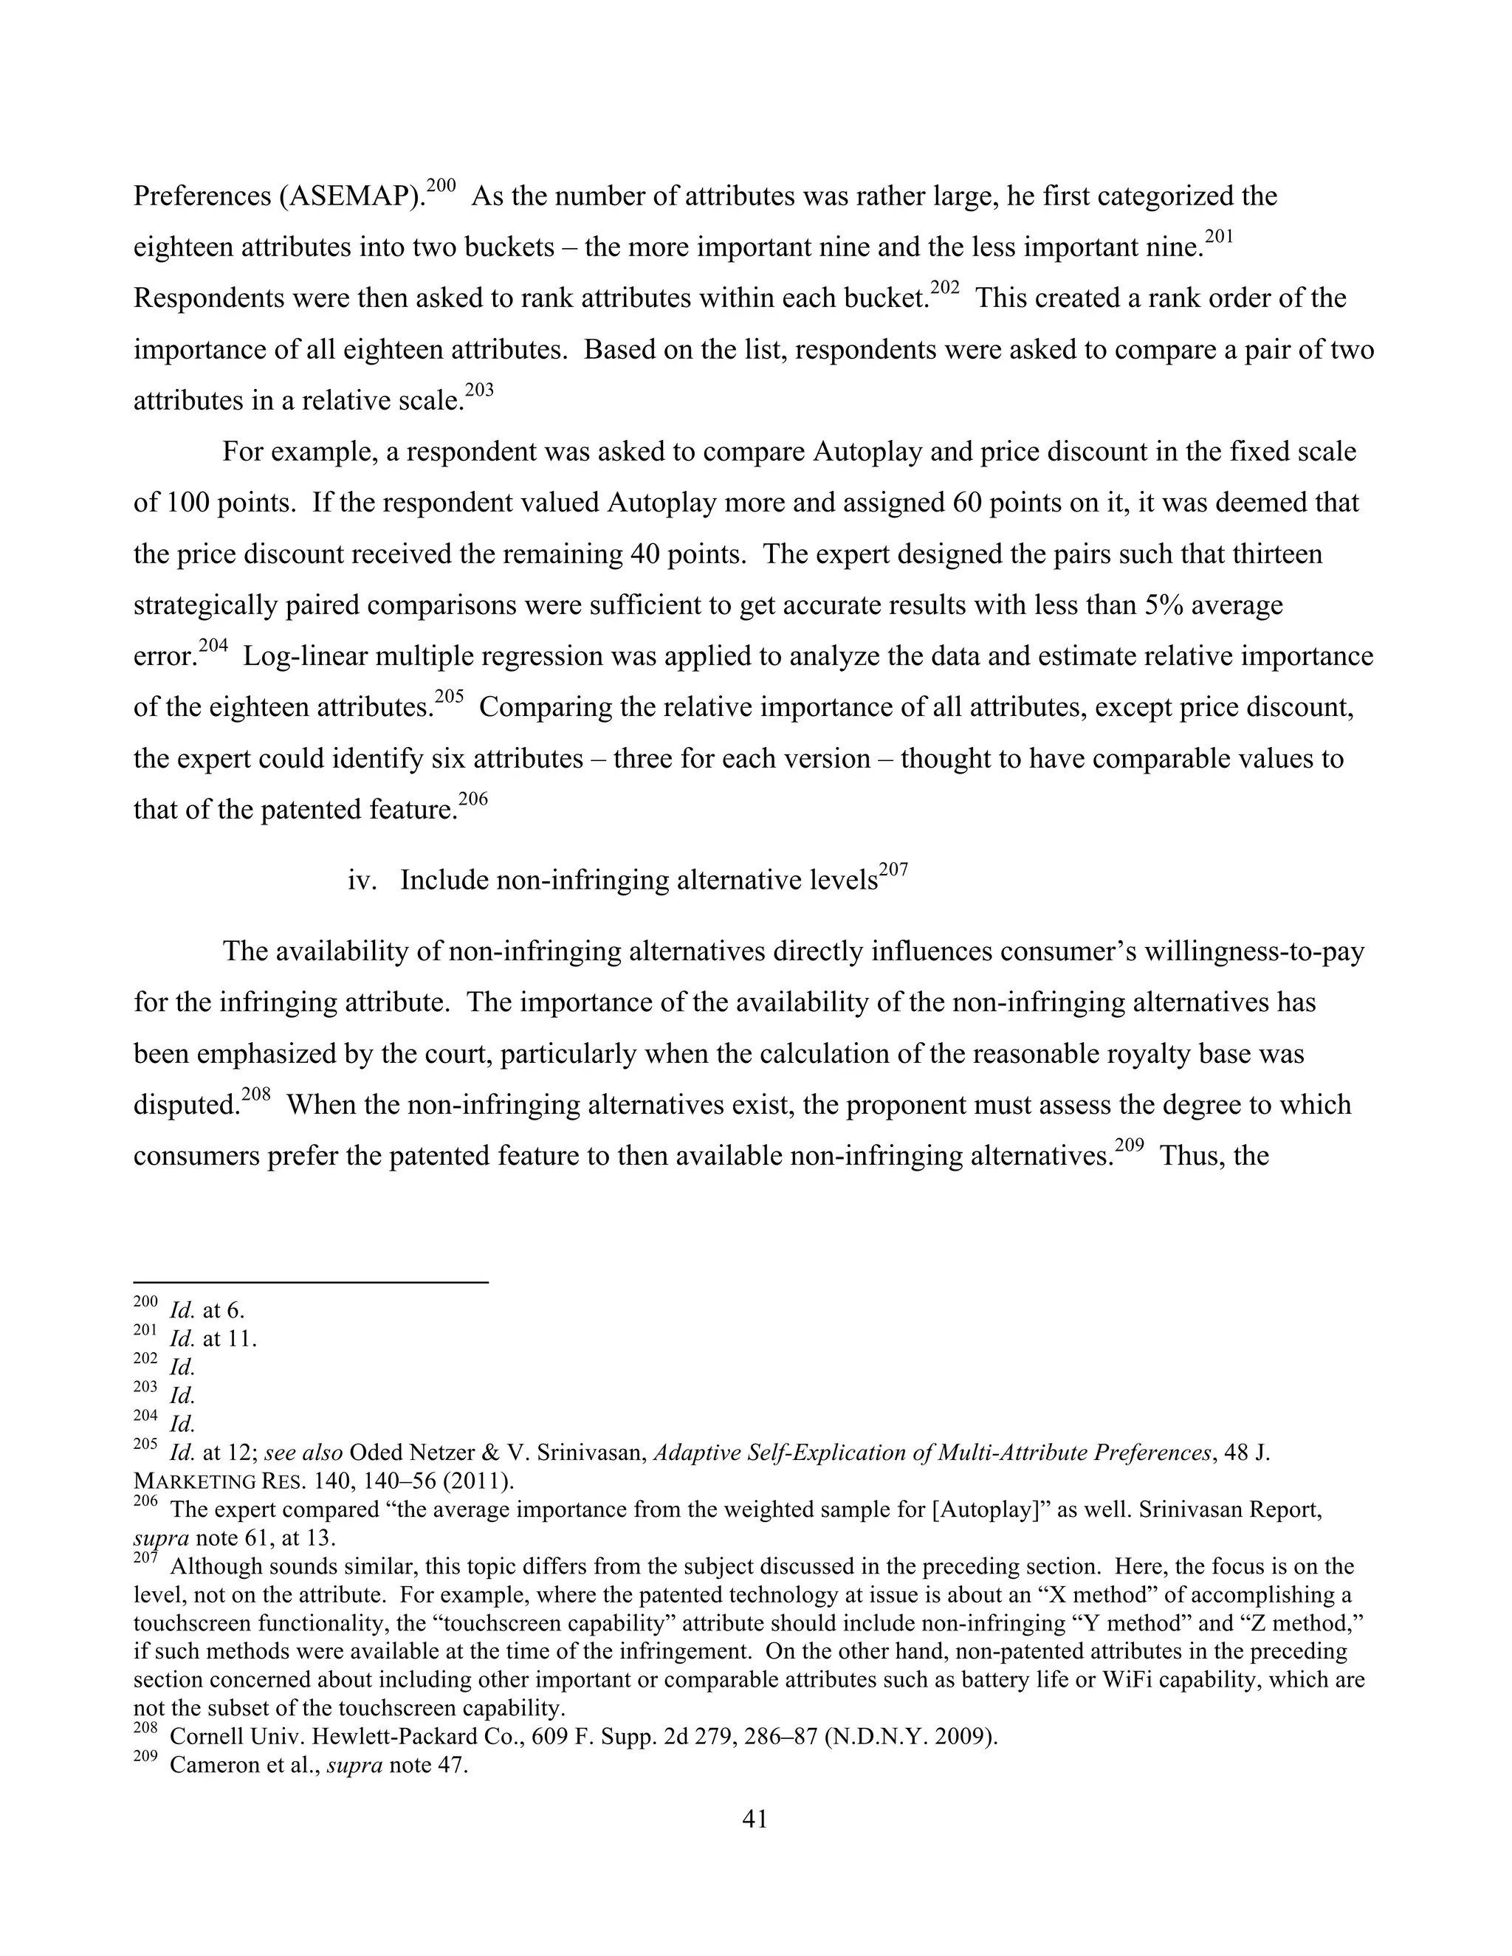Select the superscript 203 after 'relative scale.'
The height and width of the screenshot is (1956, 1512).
click(479, 390)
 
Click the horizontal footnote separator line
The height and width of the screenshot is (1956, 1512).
click(310, 1283)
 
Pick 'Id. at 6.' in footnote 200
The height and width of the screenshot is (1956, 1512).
click(206, 1311)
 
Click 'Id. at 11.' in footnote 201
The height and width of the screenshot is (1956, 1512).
click(213, 1340)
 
